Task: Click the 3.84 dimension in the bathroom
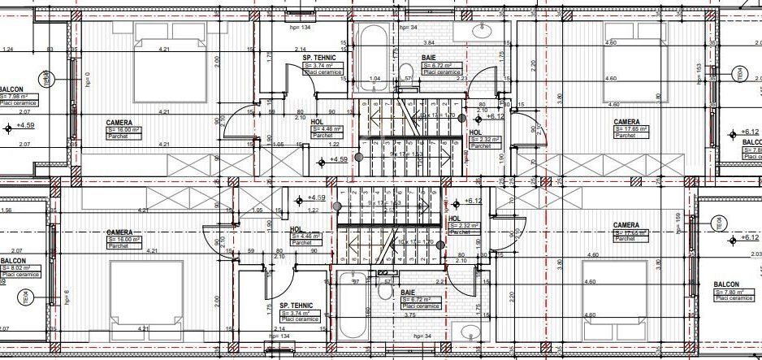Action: tap(429, 42)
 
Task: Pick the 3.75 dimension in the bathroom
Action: tap(411, 315)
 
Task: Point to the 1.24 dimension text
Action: tap(8, 50)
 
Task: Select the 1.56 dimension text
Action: tap(6, 210)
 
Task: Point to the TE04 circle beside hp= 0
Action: tap(46, 79)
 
